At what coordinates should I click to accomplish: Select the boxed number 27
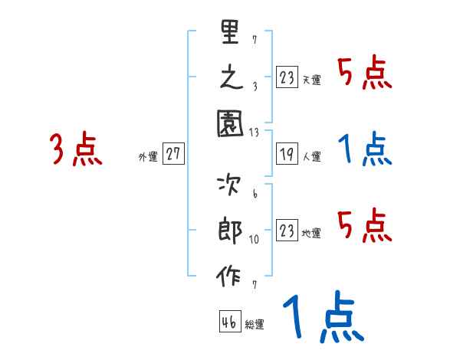coord(173,154)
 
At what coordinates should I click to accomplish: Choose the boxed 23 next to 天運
coord(286,77)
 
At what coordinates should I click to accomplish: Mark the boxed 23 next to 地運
coord(286,231)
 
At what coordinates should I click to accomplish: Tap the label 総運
coord(255,325)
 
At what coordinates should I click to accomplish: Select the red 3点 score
coord(75,149)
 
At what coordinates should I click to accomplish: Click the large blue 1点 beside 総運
coord(322,318)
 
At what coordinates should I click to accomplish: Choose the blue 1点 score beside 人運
coord(366,150)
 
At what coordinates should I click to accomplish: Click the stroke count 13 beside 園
coord(254,133)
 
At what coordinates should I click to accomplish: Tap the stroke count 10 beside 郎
coord(254,239)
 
